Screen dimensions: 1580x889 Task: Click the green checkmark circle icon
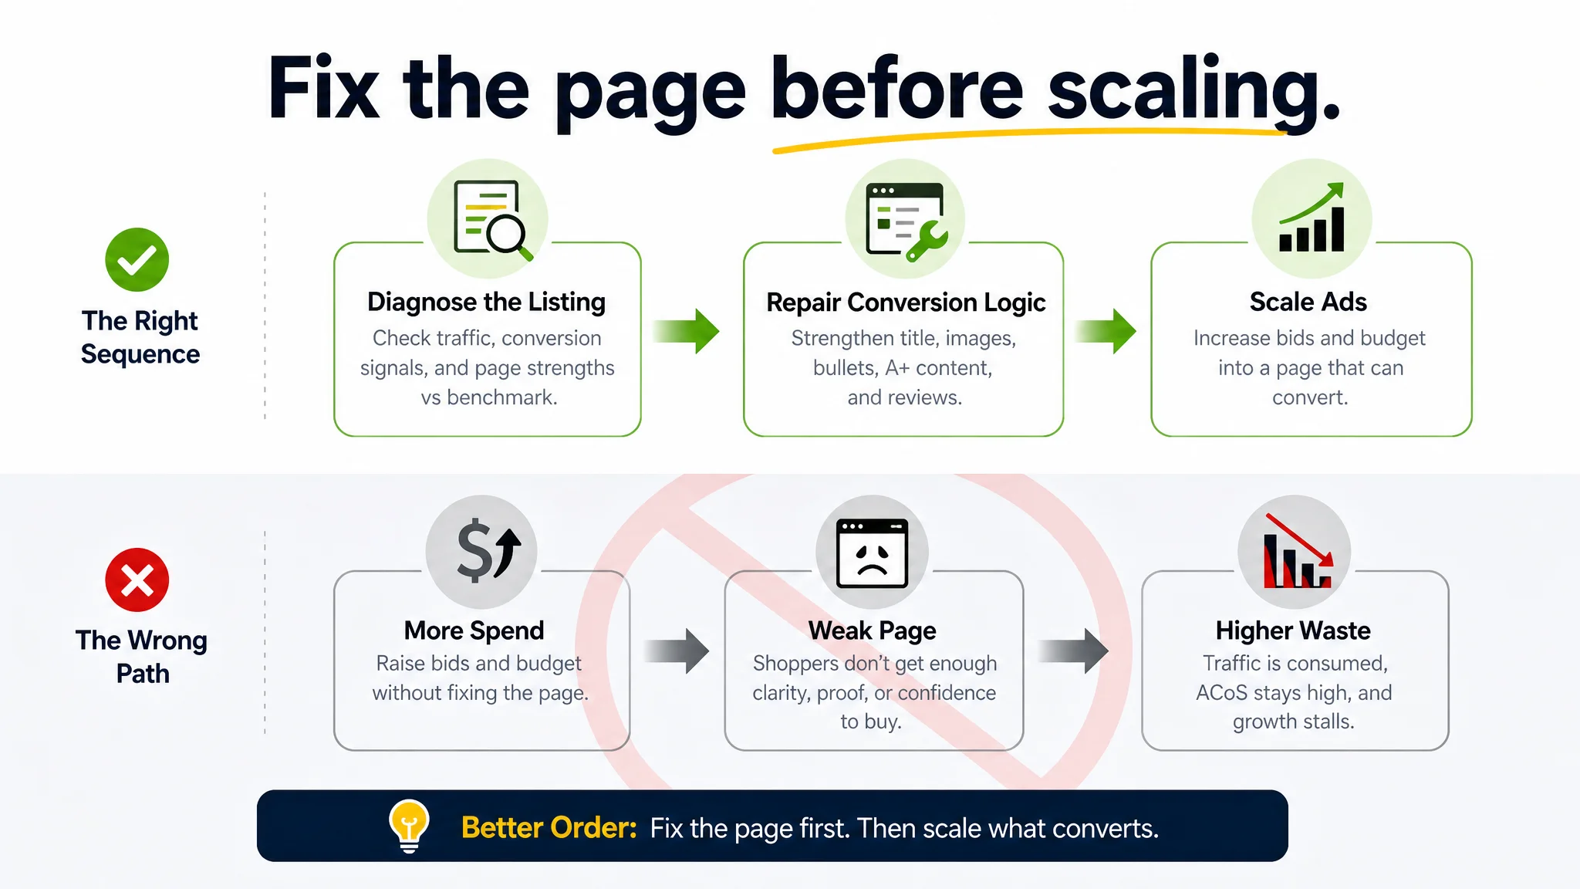pos(137,259)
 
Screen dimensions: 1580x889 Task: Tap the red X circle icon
pos(137,580)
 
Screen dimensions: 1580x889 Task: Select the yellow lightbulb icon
pos(409,826)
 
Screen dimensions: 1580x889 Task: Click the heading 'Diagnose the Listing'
pos(486,302)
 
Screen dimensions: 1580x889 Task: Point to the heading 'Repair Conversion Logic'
pos(906,303)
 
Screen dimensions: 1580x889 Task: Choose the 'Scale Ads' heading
pos(1308,302)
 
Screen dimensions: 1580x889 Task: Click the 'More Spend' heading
pos(474,630)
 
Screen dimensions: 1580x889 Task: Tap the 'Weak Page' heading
pos(872,630)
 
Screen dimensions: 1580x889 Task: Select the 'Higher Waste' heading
pos(1293,630)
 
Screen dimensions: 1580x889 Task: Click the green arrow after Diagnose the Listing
pos(687,331)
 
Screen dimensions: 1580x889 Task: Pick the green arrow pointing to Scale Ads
pos(1105,331)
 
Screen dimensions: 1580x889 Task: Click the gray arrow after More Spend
pos(677,651)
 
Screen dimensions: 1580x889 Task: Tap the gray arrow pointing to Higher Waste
pos(1074,651)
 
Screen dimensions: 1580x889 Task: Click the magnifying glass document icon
pos(491,219)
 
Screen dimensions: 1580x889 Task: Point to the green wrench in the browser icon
pos(928,242)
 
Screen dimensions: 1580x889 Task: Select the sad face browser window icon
pos(872,553)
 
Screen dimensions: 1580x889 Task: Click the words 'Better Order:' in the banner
pos(549,828)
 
